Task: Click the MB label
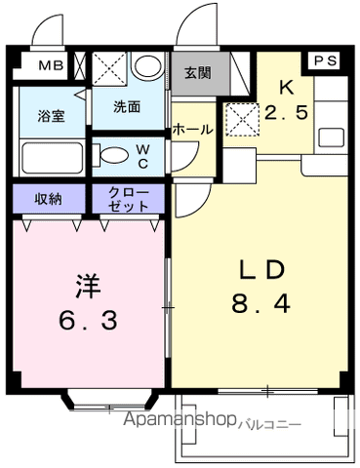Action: pyautogui.click(x=51, y=66)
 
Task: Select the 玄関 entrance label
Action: pyautogui.click(x=197, y=71)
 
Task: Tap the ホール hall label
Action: pyautogui.click(x=193, y=129)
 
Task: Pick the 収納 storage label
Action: pyautogui.click(x=49, y=198)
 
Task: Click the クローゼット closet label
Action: pyautogui.click(x=130, y=198)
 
